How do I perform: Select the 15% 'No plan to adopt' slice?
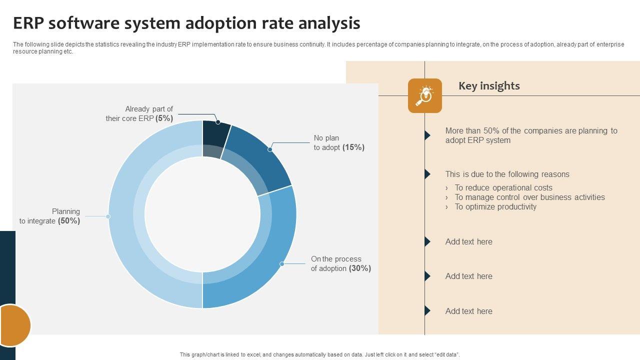pos(260,157)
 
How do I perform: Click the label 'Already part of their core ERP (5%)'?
pos(139,113)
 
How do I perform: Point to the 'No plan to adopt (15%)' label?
pos(339,142)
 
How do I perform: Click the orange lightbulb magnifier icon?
pos(425,95)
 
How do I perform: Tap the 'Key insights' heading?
pos(489,86)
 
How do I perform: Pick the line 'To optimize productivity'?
pos(495,206)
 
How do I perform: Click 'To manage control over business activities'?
pos(529,197)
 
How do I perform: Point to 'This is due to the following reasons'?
pos(507,174)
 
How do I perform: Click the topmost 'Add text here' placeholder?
pos(468,241)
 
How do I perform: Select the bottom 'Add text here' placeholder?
pos(468,311)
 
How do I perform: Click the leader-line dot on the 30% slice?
pos(282,264)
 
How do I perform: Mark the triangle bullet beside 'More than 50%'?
pos(427,135)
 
